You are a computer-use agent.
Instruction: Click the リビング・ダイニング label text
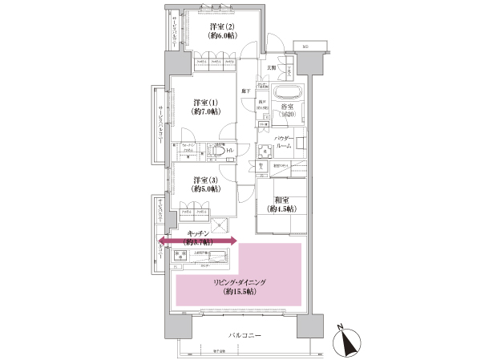[x=239, y=283]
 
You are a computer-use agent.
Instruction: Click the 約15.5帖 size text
[x=239, y=293]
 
